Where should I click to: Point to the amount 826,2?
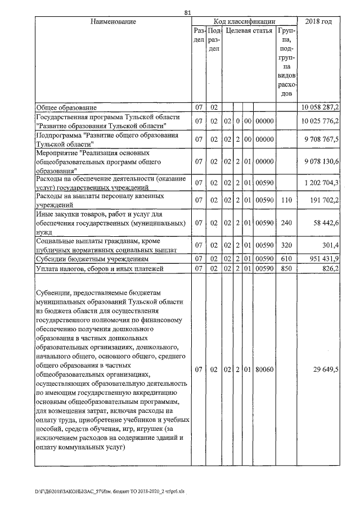(x=330, y=269)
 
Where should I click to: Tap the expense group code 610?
(x=286, y=259)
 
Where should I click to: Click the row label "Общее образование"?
(x=66, y=107)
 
